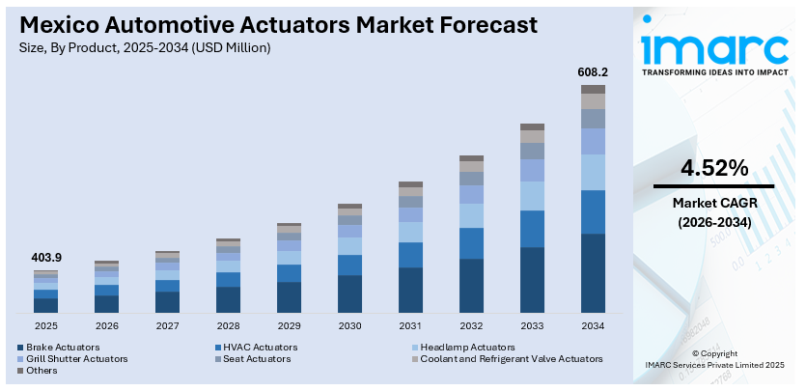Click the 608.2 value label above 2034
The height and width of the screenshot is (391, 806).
(593, 71)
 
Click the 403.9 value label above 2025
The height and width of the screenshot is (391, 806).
(45, 258)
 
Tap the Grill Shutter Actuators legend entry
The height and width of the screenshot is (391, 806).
(76, 358)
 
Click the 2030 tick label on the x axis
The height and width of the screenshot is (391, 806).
(349, 326)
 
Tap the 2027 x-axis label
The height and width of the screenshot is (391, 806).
(167, 326)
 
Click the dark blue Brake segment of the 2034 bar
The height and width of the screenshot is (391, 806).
(593, 272)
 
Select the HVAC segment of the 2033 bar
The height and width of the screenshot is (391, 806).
(532, 229)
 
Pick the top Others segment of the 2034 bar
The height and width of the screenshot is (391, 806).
(593, 89)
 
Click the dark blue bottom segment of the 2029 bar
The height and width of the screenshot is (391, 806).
(289, 297)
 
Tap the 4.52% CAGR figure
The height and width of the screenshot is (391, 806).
(714, 168)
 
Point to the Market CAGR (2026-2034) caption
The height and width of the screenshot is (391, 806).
(714, 212)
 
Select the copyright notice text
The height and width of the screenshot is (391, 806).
(714, 359)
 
